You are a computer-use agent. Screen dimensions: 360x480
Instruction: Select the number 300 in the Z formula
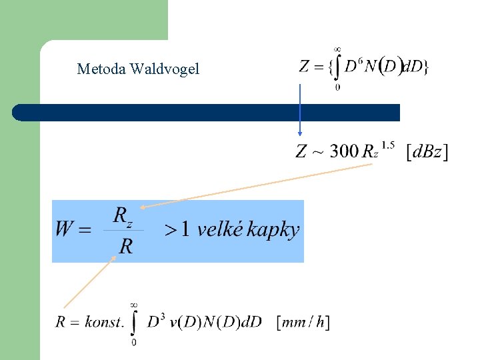click(345, 151)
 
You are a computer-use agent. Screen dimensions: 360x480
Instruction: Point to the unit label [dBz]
click(427, 152)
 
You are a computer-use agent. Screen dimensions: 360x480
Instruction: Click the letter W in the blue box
click(65, 230)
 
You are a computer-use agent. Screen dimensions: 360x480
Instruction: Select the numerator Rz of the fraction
click(124, 216)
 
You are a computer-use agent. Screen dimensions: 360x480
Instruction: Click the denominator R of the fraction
click(125, 246)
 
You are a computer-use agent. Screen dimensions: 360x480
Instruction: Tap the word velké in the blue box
click(220, 230)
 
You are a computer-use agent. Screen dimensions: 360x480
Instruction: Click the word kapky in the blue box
click(273, 231)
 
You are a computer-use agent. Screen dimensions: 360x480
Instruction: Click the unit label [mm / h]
click(303, 323)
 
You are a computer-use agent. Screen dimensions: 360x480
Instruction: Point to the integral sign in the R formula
click(134, 323)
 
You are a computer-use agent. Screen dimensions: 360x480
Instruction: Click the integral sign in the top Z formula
click(337, 67)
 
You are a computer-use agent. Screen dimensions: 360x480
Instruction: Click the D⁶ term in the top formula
click(354, 66)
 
